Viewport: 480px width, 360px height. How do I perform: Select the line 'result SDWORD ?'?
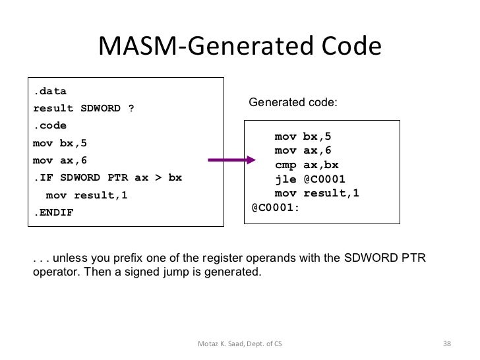pos(83,108)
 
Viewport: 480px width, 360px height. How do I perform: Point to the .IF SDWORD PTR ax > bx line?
pos(107,178)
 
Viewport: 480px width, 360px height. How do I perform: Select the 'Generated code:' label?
pos(292,103)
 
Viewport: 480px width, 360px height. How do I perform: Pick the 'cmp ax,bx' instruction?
pos(307,165)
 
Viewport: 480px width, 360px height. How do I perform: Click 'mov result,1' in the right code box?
pos(316,193)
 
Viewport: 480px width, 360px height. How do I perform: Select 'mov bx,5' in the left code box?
pos(59,143)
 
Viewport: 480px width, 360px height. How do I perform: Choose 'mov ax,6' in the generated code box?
pos(303,151)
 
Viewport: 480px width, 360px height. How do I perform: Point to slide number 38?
pos(446,344)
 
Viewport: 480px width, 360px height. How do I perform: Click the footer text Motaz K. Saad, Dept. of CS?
pos(238,344)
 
